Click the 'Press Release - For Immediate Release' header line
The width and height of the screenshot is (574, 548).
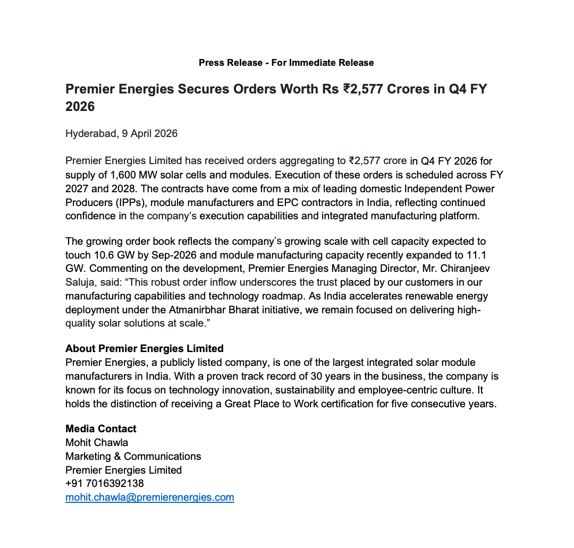coord(286,63)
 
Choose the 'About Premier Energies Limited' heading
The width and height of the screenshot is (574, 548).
coord(145,349)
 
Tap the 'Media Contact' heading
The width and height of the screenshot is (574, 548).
coord(101,429)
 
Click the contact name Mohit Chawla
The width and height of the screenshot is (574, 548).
coord(97,442)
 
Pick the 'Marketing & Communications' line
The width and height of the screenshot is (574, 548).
coord(133,456)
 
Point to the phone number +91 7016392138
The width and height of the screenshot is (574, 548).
coord(105,484)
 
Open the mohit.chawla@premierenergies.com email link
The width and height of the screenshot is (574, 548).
coord(150,498)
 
